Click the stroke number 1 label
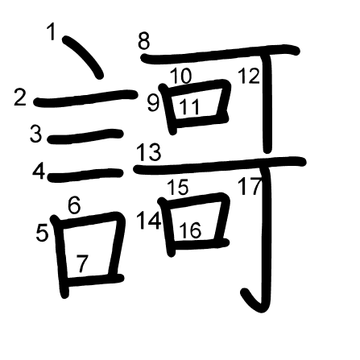pos(51,31)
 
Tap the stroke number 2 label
pos(20,97)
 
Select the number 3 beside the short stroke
pos(36,134)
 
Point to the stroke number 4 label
pos(39,172)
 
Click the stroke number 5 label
pos(42,233)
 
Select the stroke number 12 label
pos(249,76)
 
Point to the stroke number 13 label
pos(149,151)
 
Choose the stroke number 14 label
pos(149,221)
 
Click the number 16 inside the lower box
pos(190,230)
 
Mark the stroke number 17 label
pos(250,186)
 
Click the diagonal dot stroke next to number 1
pos(82,57)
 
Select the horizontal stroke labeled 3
pos(85,136)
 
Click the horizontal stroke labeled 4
pos(85,176)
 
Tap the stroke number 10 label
pos(181,76)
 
